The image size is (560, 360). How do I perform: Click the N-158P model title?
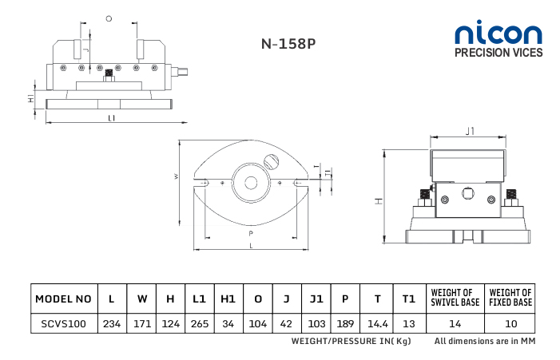(288, 44)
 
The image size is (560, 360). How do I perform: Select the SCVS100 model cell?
(64, 323)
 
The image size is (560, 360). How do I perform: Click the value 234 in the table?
(112, 323)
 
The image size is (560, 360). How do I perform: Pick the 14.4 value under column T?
(378, 323)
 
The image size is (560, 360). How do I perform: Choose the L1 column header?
(199, 299)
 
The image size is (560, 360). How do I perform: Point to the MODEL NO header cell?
(63, 299)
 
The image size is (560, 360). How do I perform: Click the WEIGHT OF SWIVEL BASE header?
(455, 298)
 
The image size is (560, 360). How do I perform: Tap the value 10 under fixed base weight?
(511, 323)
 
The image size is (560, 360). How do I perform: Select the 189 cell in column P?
(345, 323)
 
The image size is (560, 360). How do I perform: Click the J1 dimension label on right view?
(470, 131)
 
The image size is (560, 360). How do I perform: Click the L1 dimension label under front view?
(112, 118)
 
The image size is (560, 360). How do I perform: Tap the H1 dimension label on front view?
(31, 98)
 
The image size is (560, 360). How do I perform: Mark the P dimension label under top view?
(251, 234)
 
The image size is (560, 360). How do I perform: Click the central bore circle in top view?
(251, 183)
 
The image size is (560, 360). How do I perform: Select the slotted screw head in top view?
(271, 161)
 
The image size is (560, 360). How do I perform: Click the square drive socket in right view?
(467, 194)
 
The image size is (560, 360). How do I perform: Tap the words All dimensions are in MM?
(485, 341)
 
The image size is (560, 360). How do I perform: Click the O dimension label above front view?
(109, 18)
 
